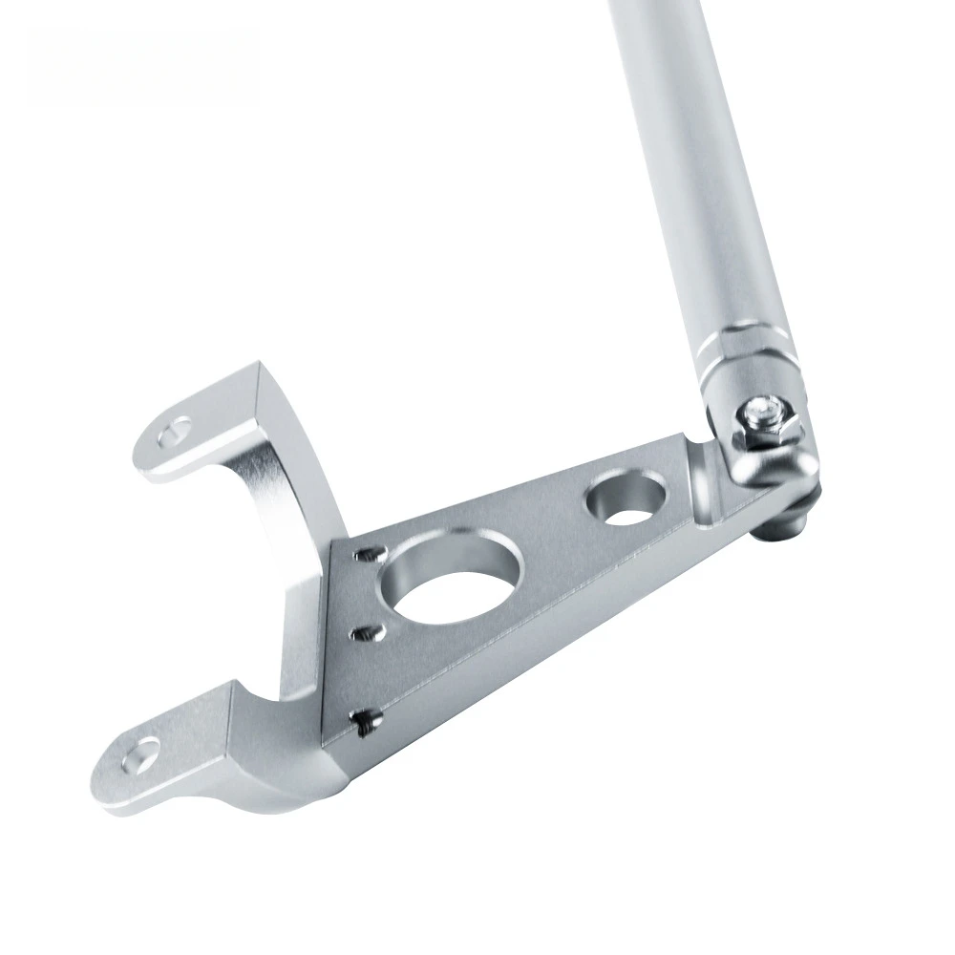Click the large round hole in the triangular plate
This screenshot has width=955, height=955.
click(x=446, y=591)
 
